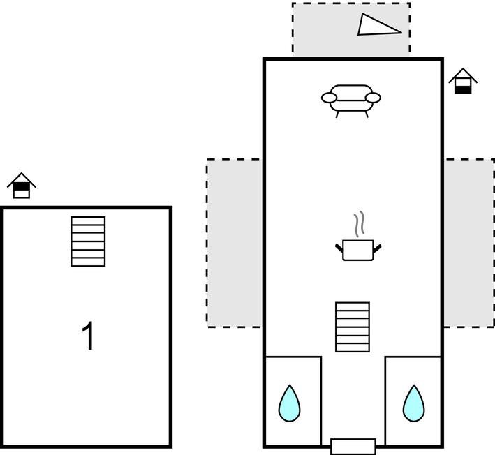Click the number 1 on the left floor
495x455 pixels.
(88, 336)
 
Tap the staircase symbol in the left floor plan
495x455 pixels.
(88, 241)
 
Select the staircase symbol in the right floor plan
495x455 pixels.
(353, 327)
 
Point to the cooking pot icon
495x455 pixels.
(359, 250)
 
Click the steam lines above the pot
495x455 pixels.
(360, 224)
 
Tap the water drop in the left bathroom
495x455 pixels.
(289, 403)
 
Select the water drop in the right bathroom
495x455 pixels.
(413, 403)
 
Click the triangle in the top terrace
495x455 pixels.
(377, 26)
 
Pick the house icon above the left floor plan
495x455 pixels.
(22, 186)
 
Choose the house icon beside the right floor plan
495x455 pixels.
(462, 82)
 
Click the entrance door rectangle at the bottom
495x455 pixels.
(353, 446)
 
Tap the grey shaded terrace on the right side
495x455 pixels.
(469, 242)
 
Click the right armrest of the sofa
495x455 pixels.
(374, 98)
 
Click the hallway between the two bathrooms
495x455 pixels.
(353, 398)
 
